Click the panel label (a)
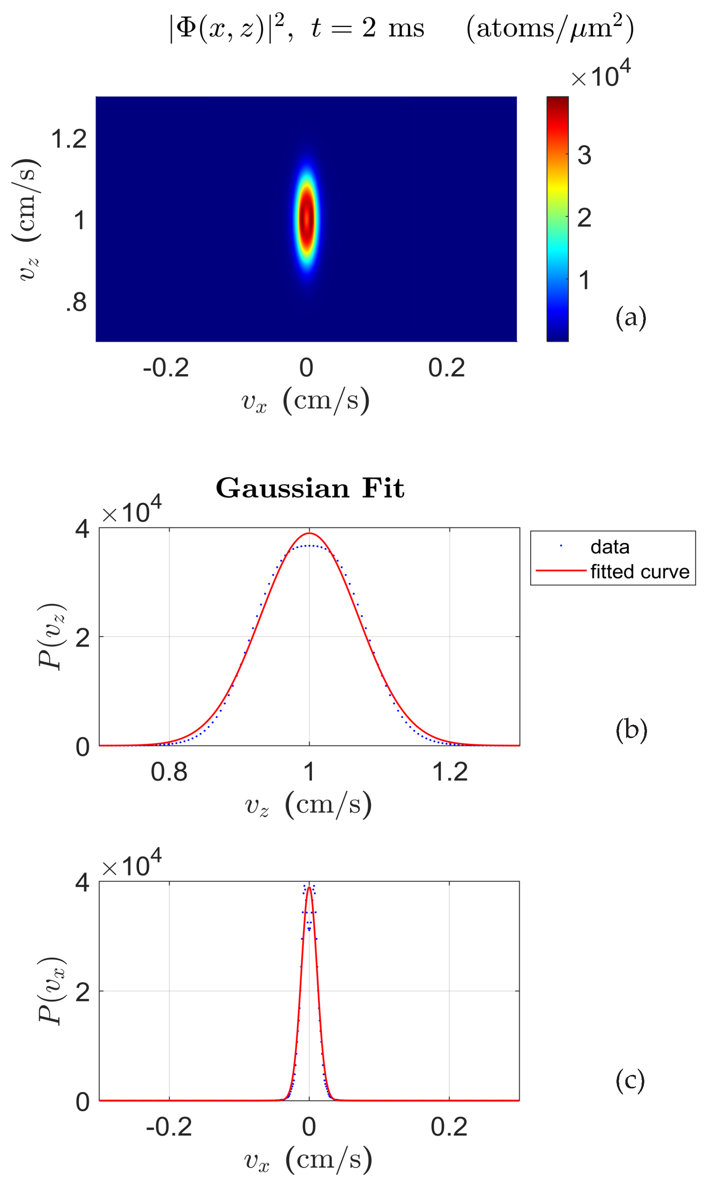pos(631,317)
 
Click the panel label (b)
pos(631,730)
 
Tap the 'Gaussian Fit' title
pos(310,488)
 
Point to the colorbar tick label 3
pos(584,155)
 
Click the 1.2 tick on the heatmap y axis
pos(69,139)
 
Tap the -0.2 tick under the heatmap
pos(165,368)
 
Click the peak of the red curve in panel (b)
pos(310,533)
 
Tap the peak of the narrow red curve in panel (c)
pos(310,887)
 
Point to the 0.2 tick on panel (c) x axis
pos(449,1126)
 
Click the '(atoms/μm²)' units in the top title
pos(550,29)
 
